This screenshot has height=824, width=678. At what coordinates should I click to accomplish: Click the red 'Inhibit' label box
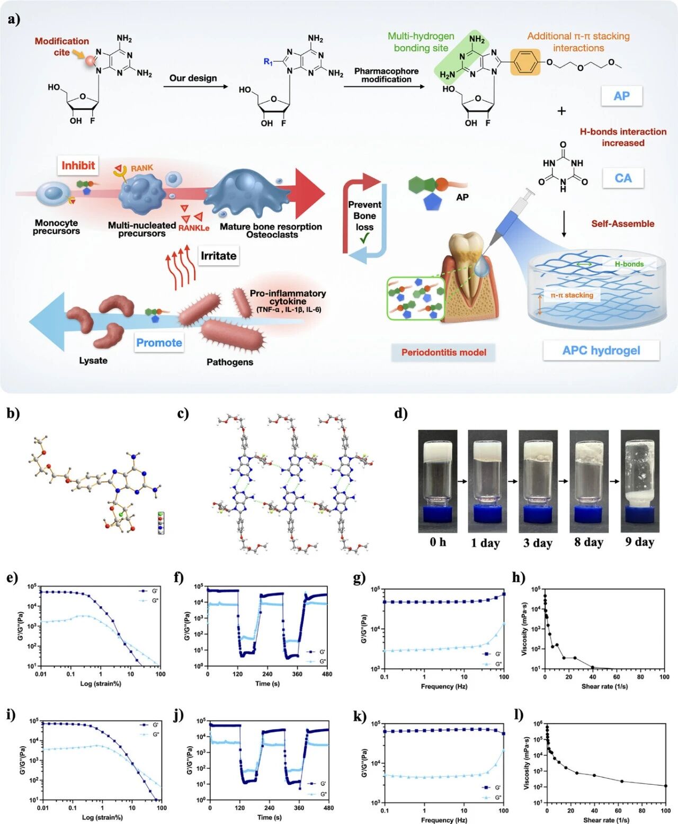coord(78,166)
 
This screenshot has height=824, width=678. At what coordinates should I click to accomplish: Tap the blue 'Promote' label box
coord(159,343)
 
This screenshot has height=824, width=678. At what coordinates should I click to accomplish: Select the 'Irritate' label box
coord(218,256)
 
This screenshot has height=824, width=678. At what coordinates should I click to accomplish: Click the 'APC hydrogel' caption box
coord(601,351)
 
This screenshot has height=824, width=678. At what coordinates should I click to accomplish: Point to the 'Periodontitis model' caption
coord(443,352)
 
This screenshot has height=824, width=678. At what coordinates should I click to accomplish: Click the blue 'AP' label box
coord(621,96)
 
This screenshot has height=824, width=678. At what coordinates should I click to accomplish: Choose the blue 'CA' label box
coord(623,178)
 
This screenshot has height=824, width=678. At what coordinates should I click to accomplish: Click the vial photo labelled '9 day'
coord(640,481)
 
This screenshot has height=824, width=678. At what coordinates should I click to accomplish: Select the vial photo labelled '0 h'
coord(438,481)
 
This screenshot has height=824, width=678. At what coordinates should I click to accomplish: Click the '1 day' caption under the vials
coord(485,543)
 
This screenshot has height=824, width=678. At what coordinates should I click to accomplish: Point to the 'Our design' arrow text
coord(193,78)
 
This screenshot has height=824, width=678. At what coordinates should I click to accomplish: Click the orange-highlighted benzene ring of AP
coord(525,62)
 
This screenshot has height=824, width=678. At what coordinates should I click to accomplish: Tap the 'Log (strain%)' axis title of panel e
coord(101,684)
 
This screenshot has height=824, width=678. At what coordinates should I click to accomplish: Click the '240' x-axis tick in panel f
coord(267,674)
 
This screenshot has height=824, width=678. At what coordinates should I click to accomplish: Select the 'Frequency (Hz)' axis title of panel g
coord(444,686)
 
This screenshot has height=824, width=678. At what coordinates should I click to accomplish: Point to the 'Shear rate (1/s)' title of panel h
coord(605,686)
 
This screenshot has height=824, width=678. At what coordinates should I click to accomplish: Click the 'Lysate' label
coord(93,361)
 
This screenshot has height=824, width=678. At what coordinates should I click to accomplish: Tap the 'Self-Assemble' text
coord(623,223)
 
